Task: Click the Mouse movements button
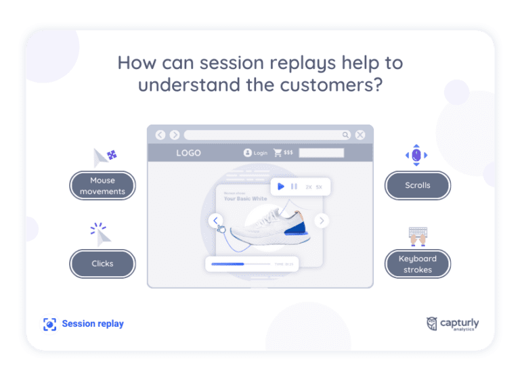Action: coord(102,185)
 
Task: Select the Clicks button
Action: coord(102,263)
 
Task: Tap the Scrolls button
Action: coord(417,185)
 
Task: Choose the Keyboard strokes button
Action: coord(417,264)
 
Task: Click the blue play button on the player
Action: coord(281,187)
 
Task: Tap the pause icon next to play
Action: coord(294,187)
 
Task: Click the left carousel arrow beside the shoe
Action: coord(215,220)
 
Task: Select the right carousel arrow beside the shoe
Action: coord(322,220)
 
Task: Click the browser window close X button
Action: coord(360,135)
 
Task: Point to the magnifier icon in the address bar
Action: coord(345,135)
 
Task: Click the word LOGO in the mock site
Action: coord(188,153)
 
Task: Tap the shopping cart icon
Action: coord(278,153)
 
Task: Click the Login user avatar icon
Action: coord(248,153)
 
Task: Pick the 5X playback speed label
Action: coord(318,187)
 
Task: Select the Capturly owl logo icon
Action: coord(432,323)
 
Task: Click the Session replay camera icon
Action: coord(49,324)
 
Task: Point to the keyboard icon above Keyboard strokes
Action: coord(416,236)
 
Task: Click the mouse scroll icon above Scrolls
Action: coord(416,156)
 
